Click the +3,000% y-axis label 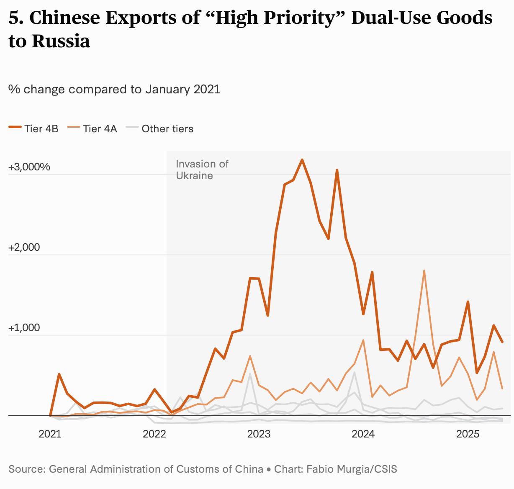[x=29, y=167]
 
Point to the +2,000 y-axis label [x=24, y=247]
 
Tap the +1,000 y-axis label [x=24, y=328]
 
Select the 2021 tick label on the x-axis [x=50, y=434]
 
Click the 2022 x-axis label [x=154, y=434]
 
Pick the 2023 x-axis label [x=259, y=434]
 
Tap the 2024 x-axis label [x=363, y=434]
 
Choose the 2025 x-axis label [x=468, y=434]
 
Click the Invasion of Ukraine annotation [x=202, y=170]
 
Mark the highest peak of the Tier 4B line [x=302, y=160]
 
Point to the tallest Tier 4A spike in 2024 [x=424, y=271]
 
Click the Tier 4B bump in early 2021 [x=59, y=374]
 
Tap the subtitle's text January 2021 [x=182, y=89]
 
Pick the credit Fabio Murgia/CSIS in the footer [x=352, y=469]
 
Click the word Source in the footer [x=26, y=469]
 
